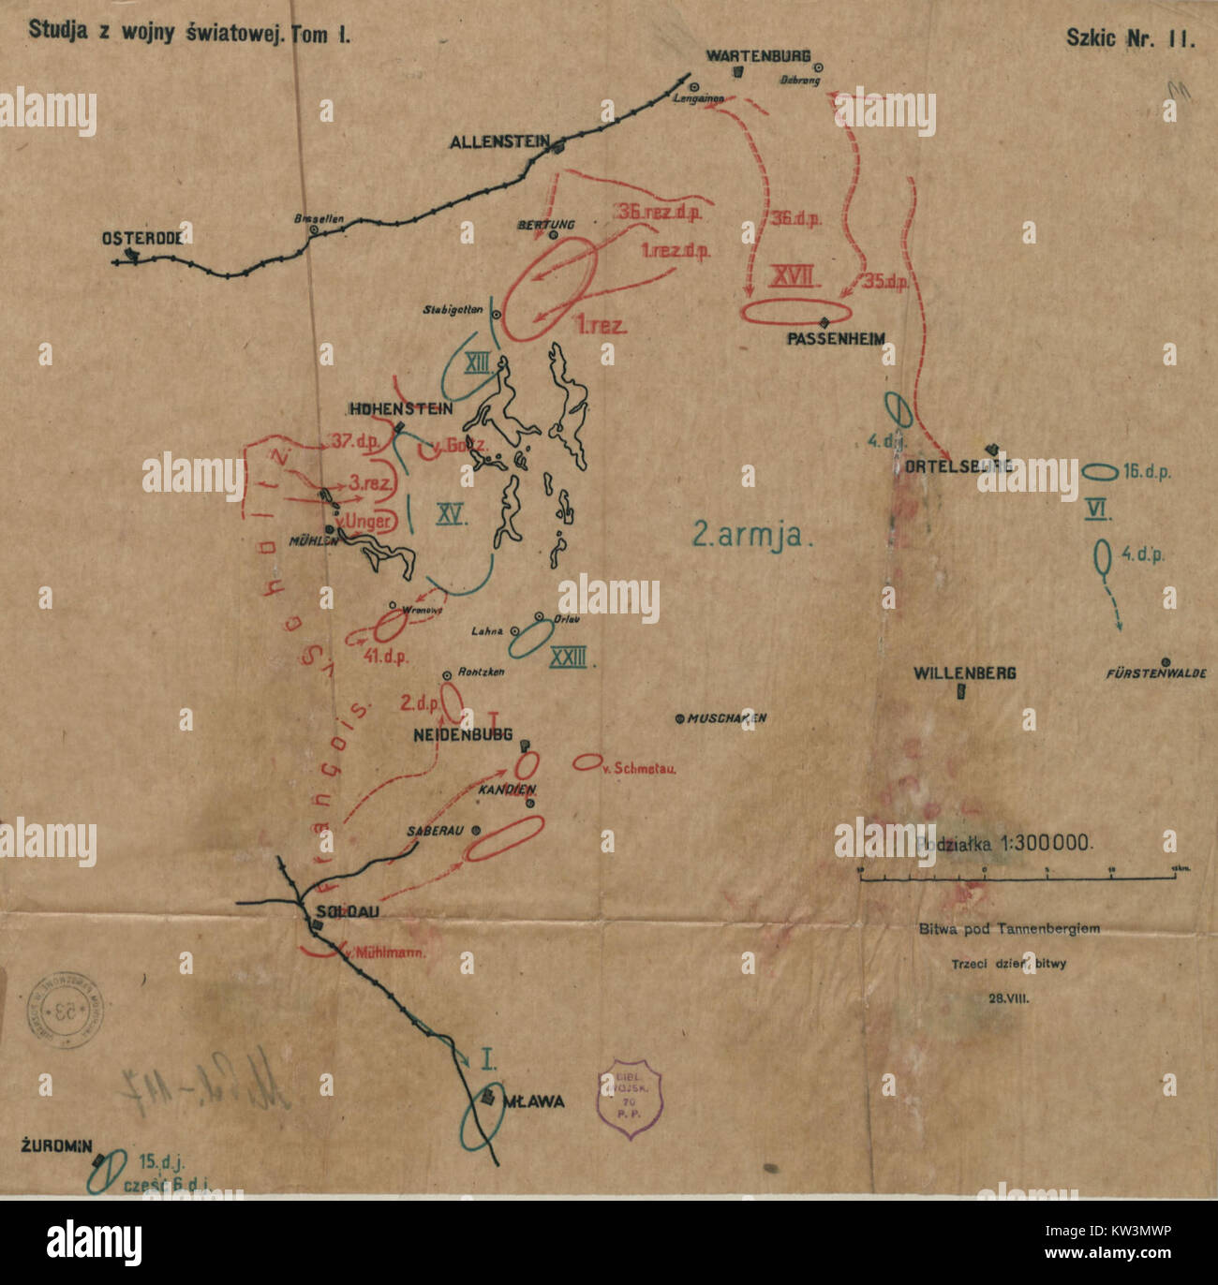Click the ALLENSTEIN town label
point(498,142)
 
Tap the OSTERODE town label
point(141,238)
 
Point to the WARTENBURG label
point(758,56)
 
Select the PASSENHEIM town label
point(836,338)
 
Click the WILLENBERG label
point(964,672)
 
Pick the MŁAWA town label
point(534,1101)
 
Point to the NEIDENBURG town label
point(465,736)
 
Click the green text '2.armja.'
point(747,535)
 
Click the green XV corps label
point(452,513)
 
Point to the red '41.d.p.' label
point(387,656)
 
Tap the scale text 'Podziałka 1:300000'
point(1004,842)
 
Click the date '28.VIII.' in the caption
point(1007,998)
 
